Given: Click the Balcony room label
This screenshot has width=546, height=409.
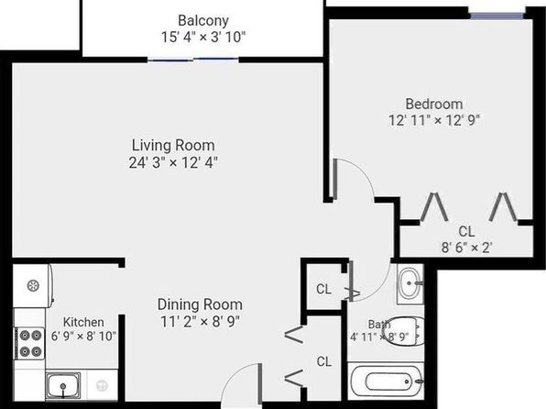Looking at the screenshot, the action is click(x=203, y=20).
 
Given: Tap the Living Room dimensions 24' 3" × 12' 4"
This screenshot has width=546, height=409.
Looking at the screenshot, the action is click(x=173, y=162).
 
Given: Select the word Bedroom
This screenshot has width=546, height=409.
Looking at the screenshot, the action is click(x=434, y=104).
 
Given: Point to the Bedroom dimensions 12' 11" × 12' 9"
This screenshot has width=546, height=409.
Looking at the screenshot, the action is click(x=434, y=120).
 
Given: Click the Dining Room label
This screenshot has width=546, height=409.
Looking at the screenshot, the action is click(x=200, y=304).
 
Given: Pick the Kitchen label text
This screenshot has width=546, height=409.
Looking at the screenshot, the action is click(x=83, y=322).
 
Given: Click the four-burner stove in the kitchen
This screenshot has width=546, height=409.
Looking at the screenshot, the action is click(x=29, y=344).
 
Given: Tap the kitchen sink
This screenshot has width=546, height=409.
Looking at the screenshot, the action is click(x=63, y=385).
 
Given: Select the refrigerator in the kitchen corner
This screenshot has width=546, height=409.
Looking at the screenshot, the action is click(x=33, y=286).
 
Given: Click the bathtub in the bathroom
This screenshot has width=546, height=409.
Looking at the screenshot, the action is click(x=386, y=381).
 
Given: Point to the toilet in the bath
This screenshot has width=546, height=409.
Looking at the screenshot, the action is click(x=404, y=332).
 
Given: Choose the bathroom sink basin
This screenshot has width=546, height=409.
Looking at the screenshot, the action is click(x=410, y=284).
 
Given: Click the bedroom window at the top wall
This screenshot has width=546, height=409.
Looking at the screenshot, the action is click(x=497, y=16).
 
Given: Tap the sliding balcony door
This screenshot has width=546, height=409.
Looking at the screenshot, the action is click(x=193, y=61).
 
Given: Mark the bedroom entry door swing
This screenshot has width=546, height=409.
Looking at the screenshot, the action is click(x=354, y=180).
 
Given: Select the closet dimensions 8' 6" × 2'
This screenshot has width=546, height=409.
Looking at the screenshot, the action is click(x=466, y=248).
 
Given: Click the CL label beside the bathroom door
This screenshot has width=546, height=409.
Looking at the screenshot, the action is click(x=323, y=289).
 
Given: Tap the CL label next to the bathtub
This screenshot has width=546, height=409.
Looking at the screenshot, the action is click(x=323, y=361).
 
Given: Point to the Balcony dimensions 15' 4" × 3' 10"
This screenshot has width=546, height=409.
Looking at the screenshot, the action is click(x=203, y=37).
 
